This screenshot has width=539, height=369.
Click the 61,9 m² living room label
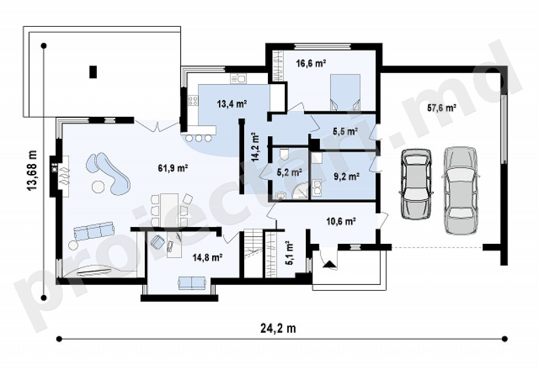coord(173,168)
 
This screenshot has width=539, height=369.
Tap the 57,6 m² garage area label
coord(442,108)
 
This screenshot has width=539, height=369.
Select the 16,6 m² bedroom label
coord(311,63)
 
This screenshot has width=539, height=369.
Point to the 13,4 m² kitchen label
coord(232,104)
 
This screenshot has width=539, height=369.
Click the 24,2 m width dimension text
coord(278,329)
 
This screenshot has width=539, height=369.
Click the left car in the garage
coord(416,183)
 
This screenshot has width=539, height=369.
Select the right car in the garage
coord(460,191)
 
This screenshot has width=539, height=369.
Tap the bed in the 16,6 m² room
coord(345,92)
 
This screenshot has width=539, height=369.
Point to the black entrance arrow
coord(330,264)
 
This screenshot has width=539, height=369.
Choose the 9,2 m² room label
coord(346,177)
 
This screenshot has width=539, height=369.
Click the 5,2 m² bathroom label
coord(290,172)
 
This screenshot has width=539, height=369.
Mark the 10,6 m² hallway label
coord(341,221)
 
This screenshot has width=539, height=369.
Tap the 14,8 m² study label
coord(207,257)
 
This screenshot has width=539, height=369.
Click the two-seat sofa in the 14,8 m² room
coord(192,283)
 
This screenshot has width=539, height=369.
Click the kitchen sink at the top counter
coord(238,79)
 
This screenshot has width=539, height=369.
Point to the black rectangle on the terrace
coord(93,71)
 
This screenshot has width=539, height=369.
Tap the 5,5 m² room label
coord(345,131)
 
